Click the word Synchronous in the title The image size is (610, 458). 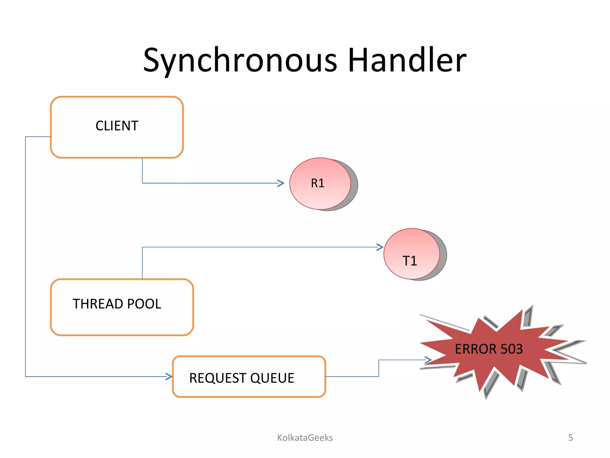[240, 61]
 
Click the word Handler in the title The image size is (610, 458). [407, 61]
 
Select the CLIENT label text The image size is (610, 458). [117, 126]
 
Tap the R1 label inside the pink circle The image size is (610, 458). [318, 183]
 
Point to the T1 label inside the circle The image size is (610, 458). [410, 261]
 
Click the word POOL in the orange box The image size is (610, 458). [144, 304]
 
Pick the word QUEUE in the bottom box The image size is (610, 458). [272, 378]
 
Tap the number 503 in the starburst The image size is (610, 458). [511, 349]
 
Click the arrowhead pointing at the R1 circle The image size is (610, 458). [281, 183]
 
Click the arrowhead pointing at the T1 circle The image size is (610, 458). [380, 247]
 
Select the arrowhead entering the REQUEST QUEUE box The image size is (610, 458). [169, 377]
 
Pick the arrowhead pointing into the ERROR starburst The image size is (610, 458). [428, 360]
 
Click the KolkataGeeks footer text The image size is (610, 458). [305, 437]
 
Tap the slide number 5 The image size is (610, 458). [570, 437]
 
